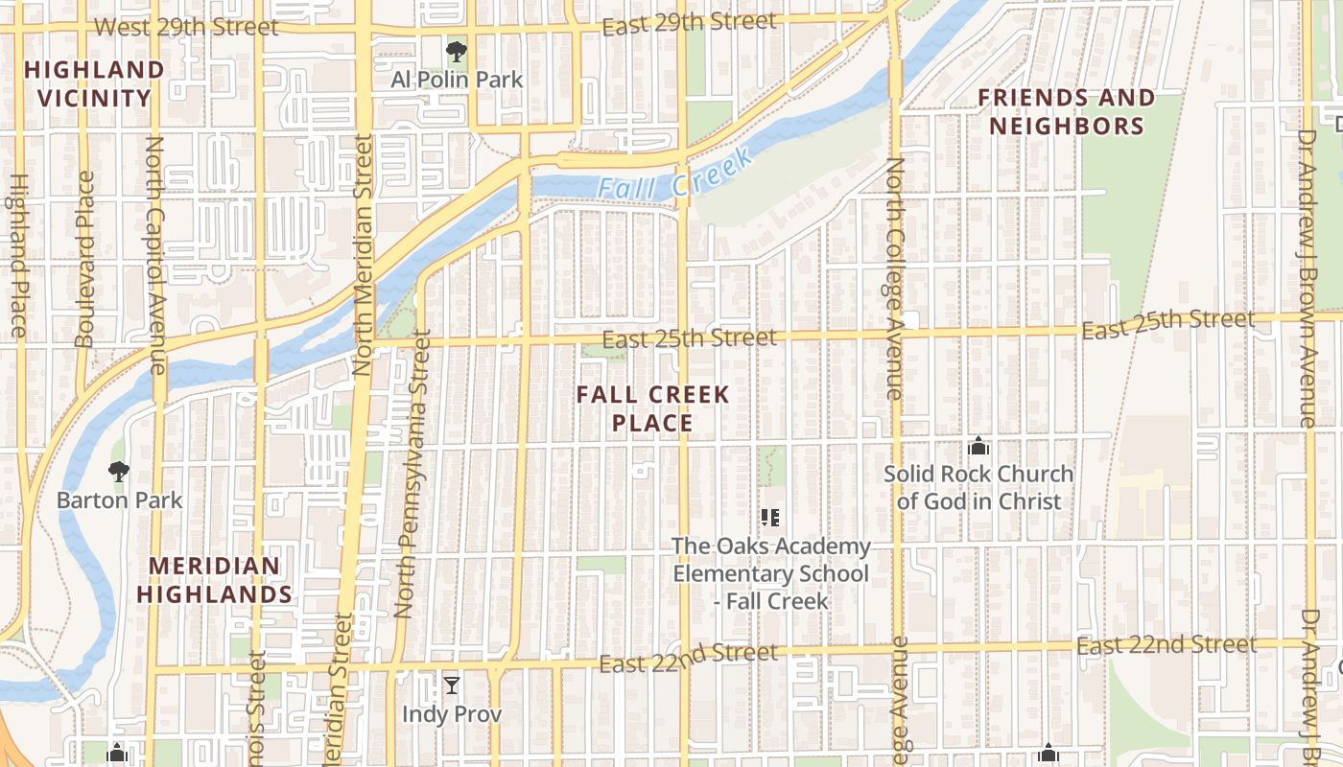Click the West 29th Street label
click(187, 27)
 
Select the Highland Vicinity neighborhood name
click(95, 83)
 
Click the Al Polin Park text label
click(457, 80)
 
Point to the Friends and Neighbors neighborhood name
click(1066, 112)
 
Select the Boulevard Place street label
click(84, 259)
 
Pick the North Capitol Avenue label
click(155, 254)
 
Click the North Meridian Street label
click(363, 254)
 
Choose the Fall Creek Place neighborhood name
click(653, 408)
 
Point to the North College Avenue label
click(895, 278)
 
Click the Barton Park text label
click(119, 500)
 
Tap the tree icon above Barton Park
click(119, 472)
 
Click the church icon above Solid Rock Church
click(978, 446)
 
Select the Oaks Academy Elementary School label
click(771, 573)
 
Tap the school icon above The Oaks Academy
click(769, 518)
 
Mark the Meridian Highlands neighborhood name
click(214, 580)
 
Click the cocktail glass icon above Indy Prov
click(452, 685)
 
